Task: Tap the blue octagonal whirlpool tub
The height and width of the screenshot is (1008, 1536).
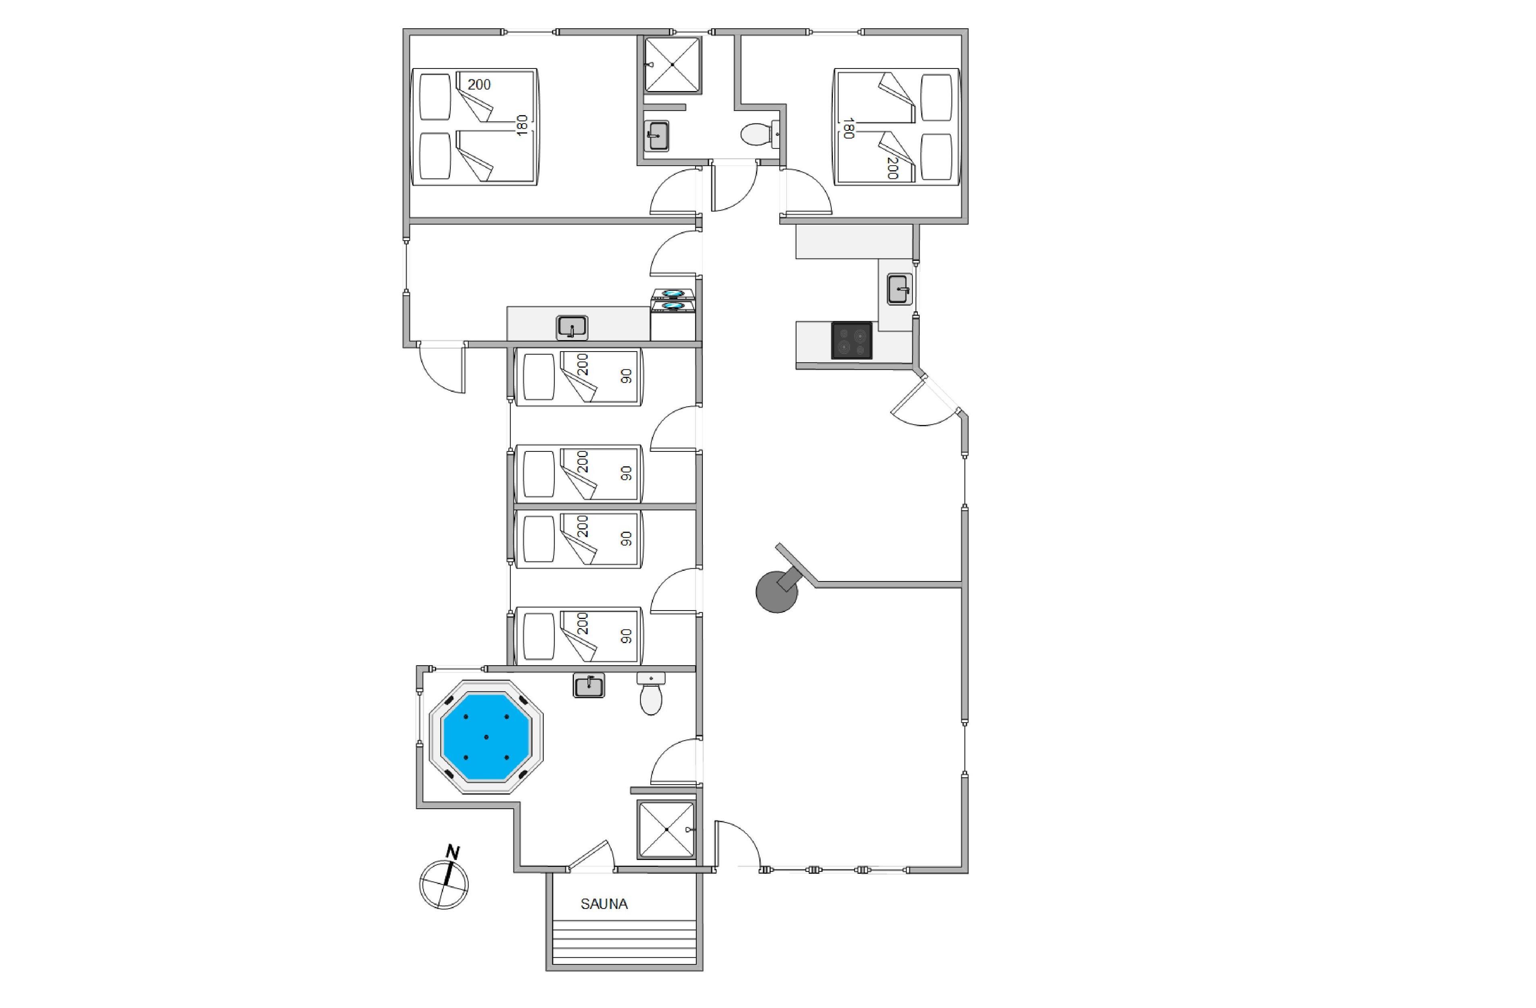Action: (x=486, y=737)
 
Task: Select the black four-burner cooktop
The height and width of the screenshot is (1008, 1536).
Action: (x=852, y=340)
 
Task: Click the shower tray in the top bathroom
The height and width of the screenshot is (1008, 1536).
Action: (x=673, y=64)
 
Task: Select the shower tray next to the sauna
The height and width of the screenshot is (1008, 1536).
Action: (x=666, y=829)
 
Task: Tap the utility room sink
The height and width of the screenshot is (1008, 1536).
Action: (x=572, y=327)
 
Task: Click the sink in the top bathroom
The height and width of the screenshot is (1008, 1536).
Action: (x=656, y=136)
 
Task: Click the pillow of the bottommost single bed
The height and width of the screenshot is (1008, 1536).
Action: (x=539, y=636)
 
